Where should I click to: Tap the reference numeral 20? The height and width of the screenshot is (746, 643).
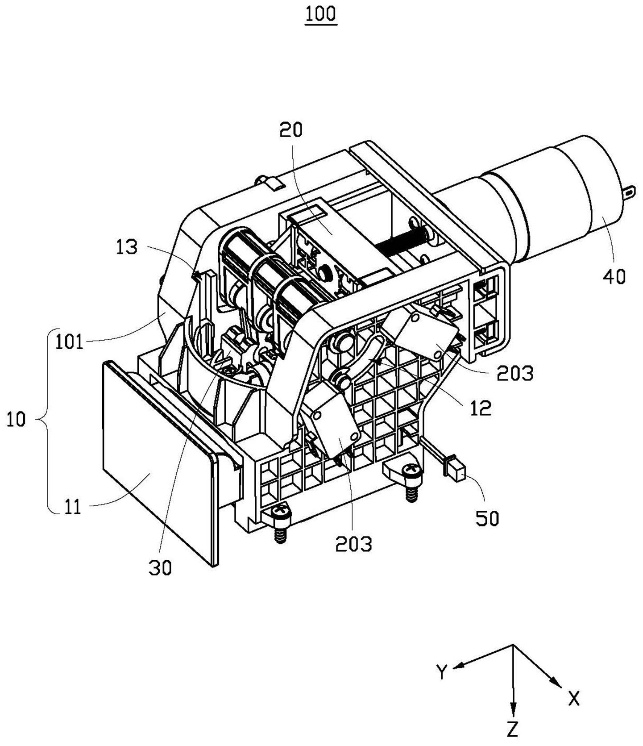tap(291, 129)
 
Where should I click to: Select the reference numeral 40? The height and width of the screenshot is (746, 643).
tap(614, 276)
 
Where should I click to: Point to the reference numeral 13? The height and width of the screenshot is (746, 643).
tap(127, 247)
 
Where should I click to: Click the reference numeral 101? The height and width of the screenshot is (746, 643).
tap(69, 342)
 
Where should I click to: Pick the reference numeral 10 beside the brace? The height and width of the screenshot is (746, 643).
tap(16, 420)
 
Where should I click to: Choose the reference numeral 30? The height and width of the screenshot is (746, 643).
tap(160, 568)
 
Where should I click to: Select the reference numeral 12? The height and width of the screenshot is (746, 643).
tap(481, 408)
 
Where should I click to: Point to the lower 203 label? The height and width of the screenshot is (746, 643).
tap(354, 544)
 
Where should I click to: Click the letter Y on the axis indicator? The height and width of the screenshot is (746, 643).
tap(441, 671)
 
